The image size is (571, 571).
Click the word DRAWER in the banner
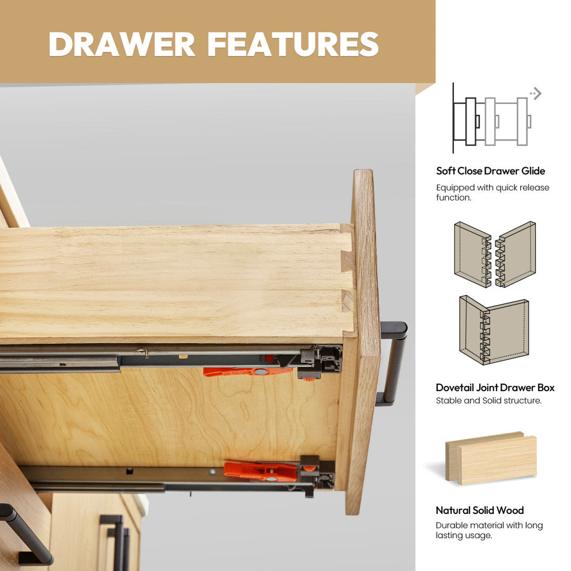122,44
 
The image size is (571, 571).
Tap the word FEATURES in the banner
294,44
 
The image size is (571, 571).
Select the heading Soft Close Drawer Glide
490,171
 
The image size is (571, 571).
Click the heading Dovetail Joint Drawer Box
495,388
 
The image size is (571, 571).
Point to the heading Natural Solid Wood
480,510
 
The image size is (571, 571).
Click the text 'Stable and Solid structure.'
489,401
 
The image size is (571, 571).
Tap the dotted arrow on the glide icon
536,93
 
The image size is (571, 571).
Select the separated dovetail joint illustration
495,254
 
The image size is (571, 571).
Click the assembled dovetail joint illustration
494,330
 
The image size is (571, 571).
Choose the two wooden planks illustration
491,458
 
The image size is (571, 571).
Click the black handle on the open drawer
392,363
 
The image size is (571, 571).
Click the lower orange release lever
260,471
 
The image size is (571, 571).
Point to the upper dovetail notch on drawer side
347,261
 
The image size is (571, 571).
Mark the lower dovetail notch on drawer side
347,301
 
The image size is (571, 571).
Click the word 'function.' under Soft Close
454,198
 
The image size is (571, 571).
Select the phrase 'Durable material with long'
489,525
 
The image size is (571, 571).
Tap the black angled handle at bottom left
25,534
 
